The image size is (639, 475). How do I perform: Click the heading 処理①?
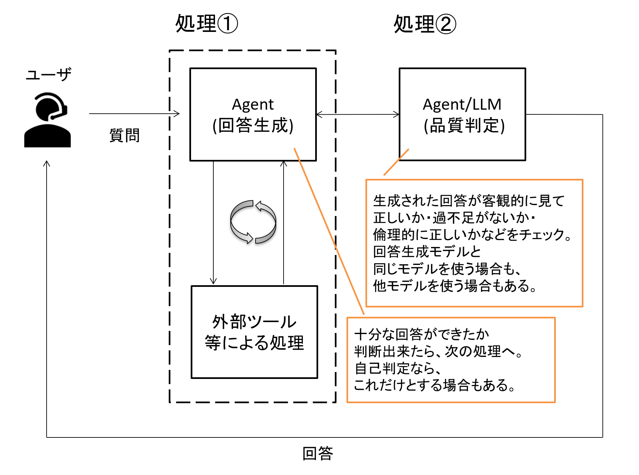206,24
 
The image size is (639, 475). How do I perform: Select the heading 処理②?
425,24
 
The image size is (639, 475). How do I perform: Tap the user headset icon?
48,120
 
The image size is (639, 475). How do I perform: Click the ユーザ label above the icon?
49,74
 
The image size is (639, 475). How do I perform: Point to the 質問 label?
124,135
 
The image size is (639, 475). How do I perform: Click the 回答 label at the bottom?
318,453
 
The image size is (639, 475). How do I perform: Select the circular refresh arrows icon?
253,222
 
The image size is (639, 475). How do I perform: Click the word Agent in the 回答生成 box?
253,104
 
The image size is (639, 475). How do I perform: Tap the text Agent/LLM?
462,104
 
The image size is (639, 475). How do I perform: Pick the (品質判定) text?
464,126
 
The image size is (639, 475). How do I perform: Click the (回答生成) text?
253,126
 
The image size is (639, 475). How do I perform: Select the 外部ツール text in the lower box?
254,322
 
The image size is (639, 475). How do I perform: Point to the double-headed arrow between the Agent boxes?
357,115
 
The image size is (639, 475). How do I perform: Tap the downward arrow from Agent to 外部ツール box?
213,223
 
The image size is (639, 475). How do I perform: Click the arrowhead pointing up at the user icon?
47,164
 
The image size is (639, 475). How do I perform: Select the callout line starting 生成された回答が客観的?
469,201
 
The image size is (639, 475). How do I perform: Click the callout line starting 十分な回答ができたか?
421,334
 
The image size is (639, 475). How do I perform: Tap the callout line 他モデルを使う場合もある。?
455,286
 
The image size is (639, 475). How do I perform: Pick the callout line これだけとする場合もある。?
434,385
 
